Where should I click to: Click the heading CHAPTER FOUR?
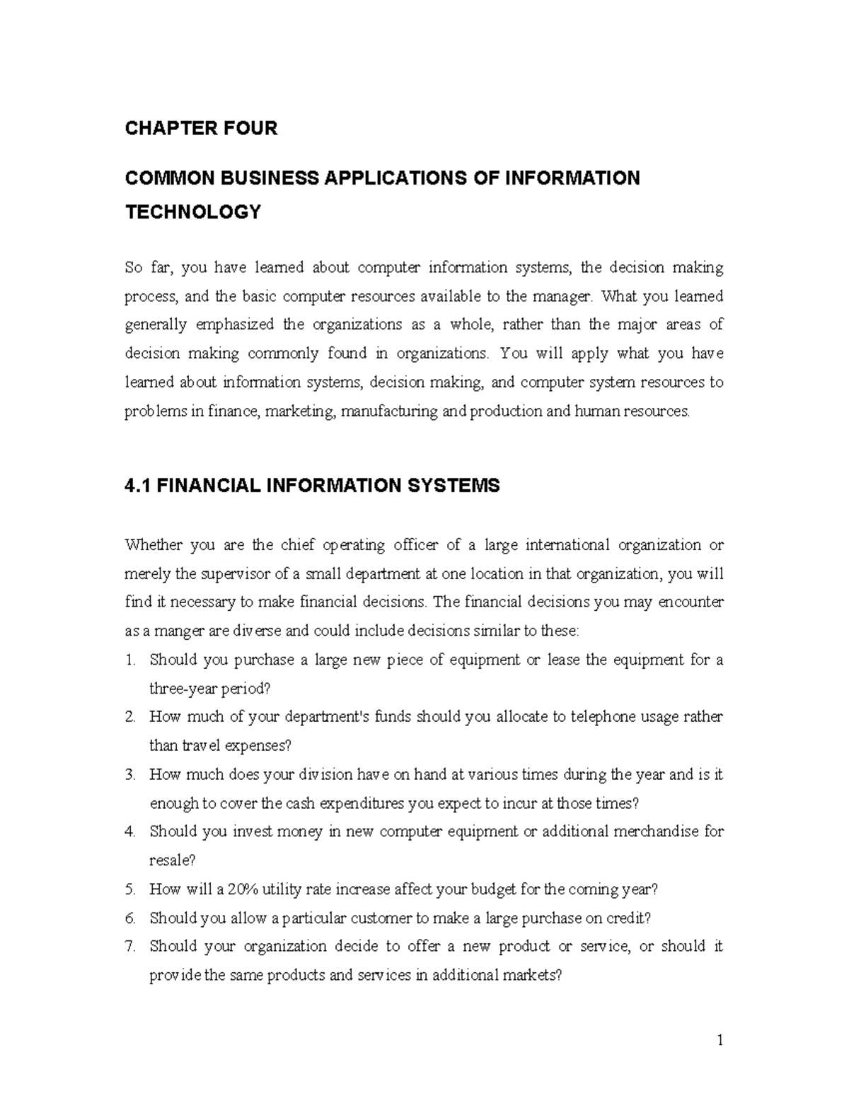pyautogui.click(x=201, y=129)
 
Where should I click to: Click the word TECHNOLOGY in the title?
pyautogui.click(x=192, y=211)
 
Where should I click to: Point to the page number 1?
pyautogui.click(x=720, y=1041)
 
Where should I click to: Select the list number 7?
pyautogui.click(x=129, y=946)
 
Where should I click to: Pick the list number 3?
pyautogui.click(x=129, y=774)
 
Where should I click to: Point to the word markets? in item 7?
pyautogui.click(x=534, y=975)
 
